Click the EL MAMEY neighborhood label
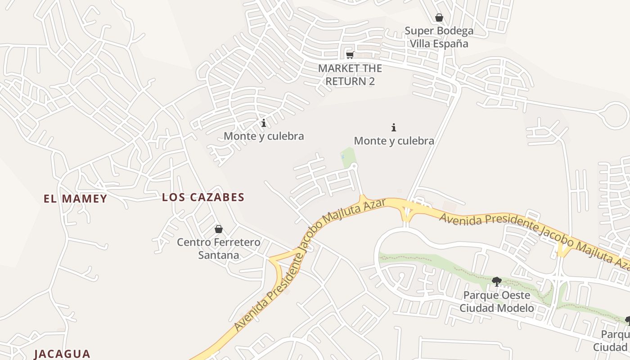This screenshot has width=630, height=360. (x=75, y=198)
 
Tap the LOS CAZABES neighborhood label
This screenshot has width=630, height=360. (x=203, y=197)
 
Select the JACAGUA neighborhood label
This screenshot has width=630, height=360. (x=62, y=354)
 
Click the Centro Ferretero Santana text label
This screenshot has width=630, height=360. (x=219, y=249)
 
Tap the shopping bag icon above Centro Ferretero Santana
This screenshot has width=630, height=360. (x=219, y=229)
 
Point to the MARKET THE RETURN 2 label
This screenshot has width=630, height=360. (x=350, y=75)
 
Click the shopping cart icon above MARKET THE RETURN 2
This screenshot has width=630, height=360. (x=350, y=55)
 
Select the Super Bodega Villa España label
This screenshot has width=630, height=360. (x=439, y=37)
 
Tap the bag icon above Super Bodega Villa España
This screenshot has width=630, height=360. (x=439, y=18)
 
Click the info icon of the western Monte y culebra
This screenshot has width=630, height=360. (x=264, y=123)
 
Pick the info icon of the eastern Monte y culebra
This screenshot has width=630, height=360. (x=394, y=128)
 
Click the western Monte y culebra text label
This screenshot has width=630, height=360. (x=264, y=136)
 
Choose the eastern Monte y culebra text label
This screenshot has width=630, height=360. (x=394, y=141)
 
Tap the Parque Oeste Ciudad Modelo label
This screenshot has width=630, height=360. (x=497, y=301)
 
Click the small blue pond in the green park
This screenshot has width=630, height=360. (x=343, y=157)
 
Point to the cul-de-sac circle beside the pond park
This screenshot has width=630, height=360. (x=354, y=166)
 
